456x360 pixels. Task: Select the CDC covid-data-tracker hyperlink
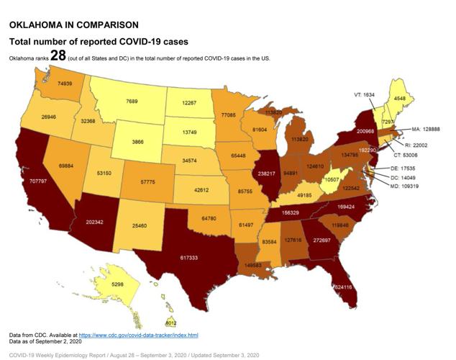138,336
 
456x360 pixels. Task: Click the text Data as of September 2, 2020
50,343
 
